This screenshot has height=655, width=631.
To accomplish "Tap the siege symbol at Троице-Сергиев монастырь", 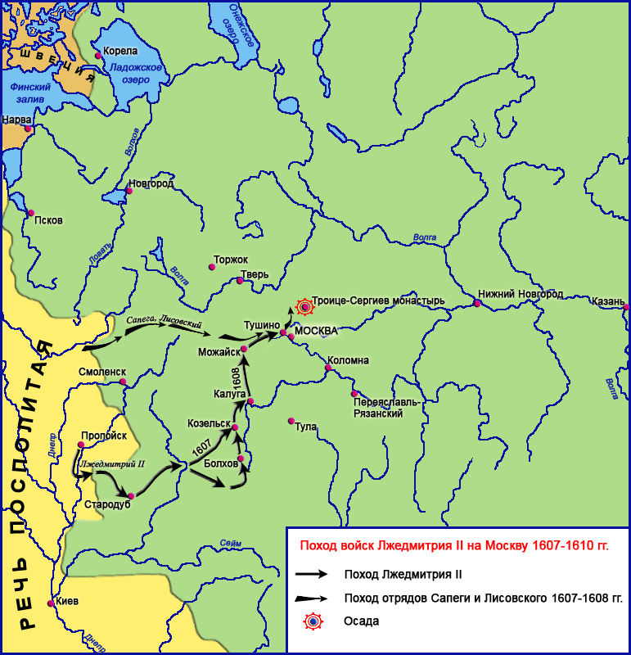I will (304, 307).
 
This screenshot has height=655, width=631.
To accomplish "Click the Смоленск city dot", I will (123, 382).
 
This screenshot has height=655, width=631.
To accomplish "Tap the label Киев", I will (67, 601).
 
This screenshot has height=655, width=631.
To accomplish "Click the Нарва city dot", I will (28, 129).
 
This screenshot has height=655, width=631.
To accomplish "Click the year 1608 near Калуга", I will (237, 376).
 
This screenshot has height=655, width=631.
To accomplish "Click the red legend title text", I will (454, 544).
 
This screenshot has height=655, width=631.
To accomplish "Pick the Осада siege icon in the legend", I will (313, 621).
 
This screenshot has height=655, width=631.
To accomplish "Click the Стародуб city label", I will (107, 504).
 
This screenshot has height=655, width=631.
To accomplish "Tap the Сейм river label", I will (231, 544).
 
